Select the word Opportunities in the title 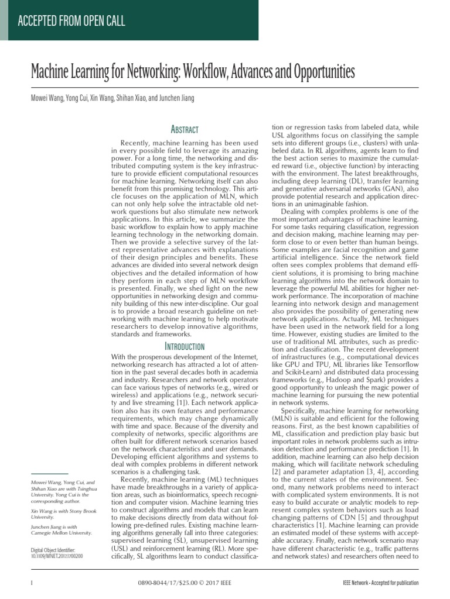[315, 73]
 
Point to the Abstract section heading [183, 129]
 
